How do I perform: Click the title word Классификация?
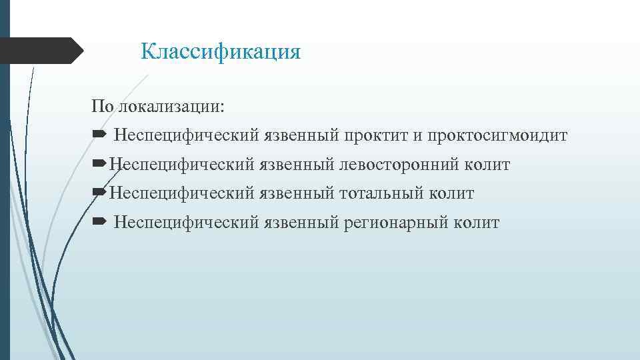pos(221,51)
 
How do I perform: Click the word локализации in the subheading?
pos(171,107)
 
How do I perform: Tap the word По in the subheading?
pos(103,107)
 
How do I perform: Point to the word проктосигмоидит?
pos(497,136)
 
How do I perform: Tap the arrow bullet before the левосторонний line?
pos(98,164)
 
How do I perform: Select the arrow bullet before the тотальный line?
pos(98,193)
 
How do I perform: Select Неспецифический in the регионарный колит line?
pos(186,223)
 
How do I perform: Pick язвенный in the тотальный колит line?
pos(297,193)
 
